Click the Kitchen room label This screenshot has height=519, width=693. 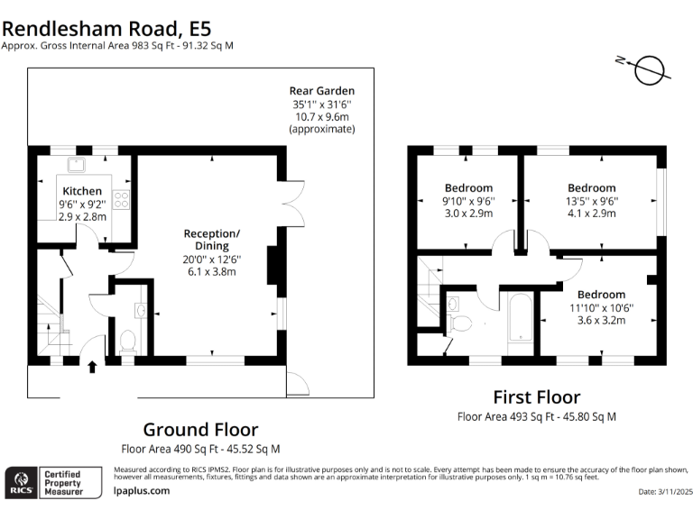point(81,191)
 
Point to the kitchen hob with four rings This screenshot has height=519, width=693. point(121,200)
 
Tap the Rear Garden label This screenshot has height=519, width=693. point(321,91)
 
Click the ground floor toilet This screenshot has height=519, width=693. point(127,341)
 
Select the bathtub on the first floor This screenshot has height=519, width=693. point(521,323)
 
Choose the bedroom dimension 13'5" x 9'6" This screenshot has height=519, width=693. point(591,201)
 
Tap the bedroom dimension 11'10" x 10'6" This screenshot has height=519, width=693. point(601,307)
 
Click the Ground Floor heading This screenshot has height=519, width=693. point(200,430)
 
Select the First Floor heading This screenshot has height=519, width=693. point(536,397)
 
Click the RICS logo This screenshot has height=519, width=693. point(20,481)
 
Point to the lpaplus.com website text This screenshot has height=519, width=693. point(142,491)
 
